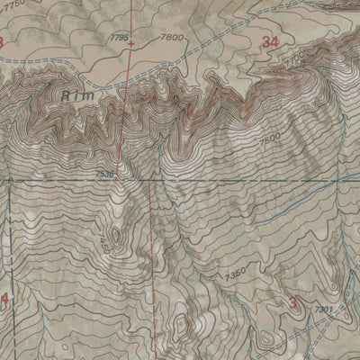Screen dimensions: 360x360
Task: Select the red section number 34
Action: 270,41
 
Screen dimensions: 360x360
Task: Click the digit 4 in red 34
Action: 275,41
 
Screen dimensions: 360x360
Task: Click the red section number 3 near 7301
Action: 293,303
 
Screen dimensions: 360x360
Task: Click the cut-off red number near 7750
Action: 3,42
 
